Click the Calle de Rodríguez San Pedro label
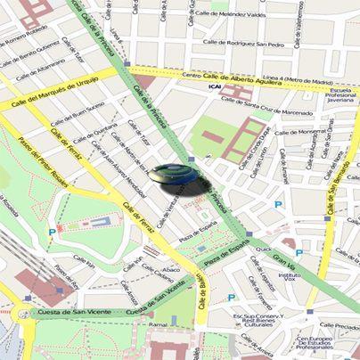[242, 42]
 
